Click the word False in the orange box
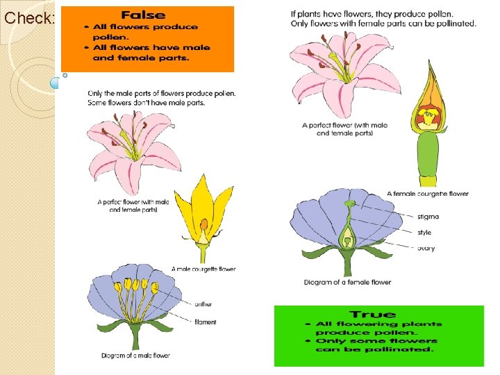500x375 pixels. (143, 15)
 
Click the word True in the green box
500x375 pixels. (373, 315)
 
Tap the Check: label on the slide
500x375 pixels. (29, 19)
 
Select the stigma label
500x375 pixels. (428, 217)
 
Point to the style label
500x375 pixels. (424, 233)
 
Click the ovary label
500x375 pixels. (426, 248)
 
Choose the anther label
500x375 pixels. (204, 303)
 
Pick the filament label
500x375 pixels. (206, 322)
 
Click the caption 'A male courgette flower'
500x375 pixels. (205, 269)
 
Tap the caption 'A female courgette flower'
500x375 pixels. (428, 194)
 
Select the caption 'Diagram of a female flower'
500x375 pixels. (347, 283)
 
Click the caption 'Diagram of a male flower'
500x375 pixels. (135, 356)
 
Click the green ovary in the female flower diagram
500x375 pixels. (347, 242)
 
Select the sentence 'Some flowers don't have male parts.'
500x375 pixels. (147, 103)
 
